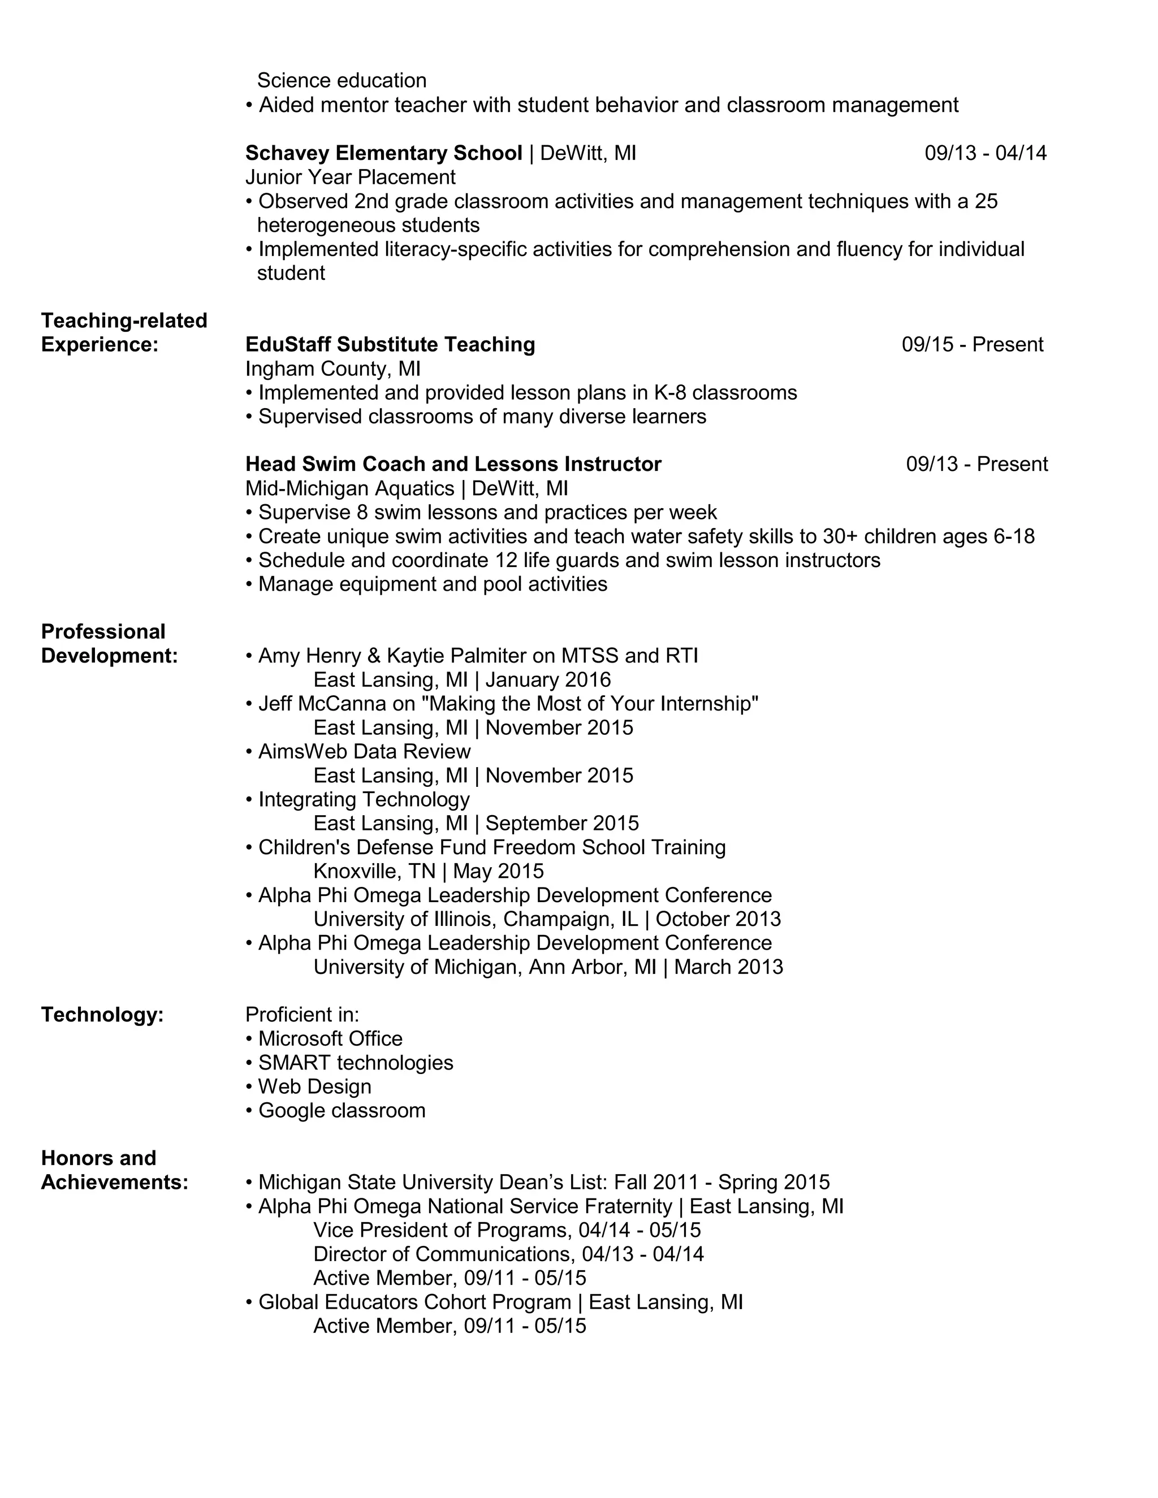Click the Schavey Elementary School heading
click(383, 153)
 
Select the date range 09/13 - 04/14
click(985, 153)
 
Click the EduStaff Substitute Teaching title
click(390, 344)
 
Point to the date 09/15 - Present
click(972, 344)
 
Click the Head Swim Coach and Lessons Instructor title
click(453, 464)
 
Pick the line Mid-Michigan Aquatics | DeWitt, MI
click(406, 488)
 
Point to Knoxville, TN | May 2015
click(428, 871)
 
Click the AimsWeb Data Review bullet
click(364, 752)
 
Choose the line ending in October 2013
click(547, 919)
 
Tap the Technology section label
click(102, 1015)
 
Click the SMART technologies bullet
click(355, 1063)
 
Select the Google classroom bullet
click(341, 1110)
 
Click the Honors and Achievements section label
click(114, 1170)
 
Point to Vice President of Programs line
click(506, 1231)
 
